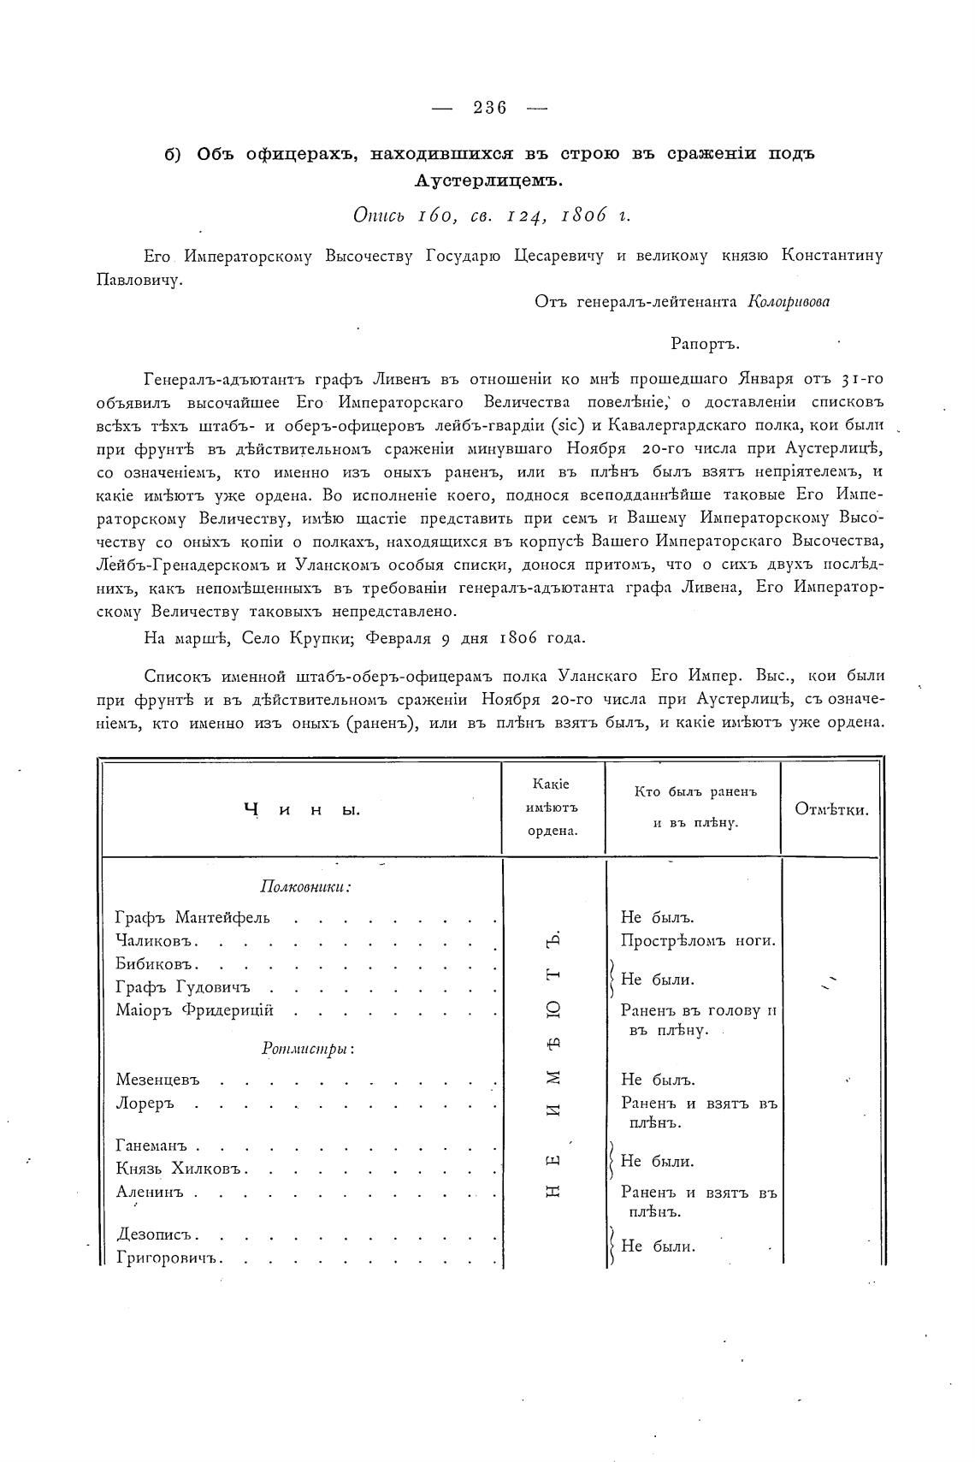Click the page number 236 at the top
[490, 108]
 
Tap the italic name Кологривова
[789, 301]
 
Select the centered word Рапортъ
[706, 344]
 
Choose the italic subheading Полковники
[306, 886]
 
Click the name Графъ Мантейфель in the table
[192, 919]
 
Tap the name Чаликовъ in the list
[157, 942]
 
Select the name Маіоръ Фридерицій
[195, 1010]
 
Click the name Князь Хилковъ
[181, 1169]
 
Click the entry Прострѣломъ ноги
[698, 941]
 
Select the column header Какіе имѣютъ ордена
[553, 808]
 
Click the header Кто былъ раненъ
[695, 792]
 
